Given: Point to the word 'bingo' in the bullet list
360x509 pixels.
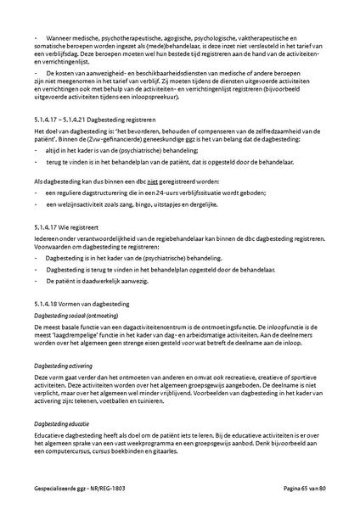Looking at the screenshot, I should tap(168, 204).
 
